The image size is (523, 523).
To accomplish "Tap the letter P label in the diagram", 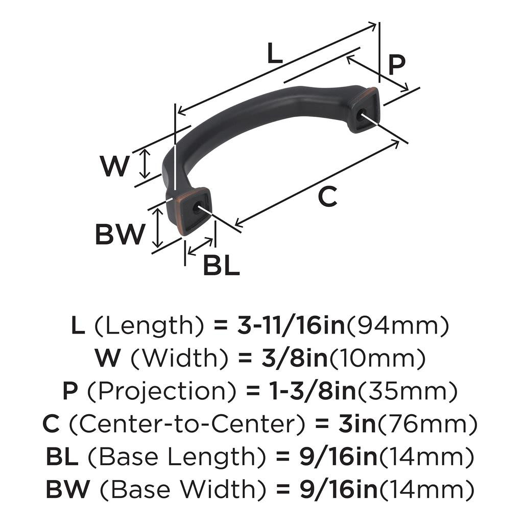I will (396, 65).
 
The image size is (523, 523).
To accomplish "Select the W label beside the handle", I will (114, 167).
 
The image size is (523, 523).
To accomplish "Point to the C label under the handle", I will (327, 197).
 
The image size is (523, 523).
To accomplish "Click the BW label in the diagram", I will (120, 234).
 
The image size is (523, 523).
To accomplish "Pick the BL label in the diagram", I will (221, 266).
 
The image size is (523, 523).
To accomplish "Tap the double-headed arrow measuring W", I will (146, 163).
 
